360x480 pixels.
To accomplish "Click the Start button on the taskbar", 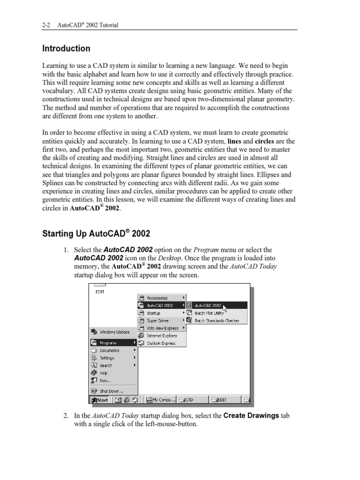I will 99,400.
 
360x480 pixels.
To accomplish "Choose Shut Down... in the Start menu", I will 112,390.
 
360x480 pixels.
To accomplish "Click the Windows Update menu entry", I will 114,332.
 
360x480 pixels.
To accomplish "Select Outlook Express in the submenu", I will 161,343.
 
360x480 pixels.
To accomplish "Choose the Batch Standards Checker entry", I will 217,321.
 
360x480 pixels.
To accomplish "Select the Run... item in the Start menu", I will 105,380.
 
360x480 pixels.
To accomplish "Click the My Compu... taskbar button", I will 160,400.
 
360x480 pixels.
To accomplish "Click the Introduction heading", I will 66,48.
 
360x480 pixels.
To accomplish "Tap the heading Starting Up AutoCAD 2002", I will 96,233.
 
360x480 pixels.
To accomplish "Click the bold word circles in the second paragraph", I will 264,141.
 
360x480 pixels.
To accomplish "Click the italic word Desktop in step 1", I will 169,258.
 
